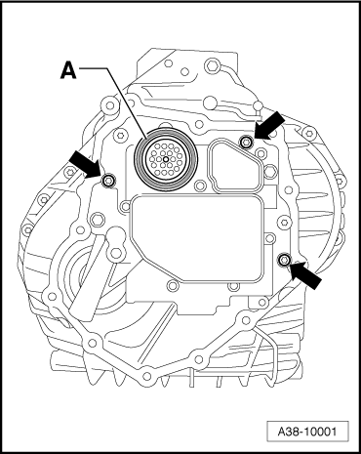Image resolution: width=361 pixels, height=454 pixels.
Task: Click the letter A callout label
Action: pos(67,69)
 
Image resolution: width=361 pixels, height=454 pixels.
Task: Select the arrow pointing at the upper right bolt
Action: pos(271,125)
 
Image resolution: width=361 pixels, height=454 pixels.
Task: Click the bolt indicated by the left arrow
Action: pos(108,180)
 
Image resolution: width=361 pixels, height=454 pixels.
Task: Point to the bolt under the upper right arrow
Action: pos(246,144)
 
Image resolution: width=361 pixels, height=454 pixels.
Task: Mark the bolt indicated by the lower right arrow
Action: pos(284,260)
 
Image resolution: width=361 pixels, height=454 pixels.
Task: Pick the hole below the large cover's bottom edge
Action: pos(174,287)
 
